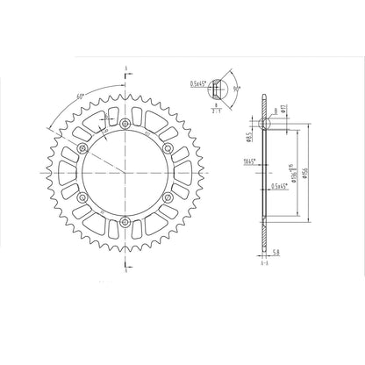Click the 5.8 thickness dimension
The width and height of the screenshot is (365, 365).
click(x=276, y=253)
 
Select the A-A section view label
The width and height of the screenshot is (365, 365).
click(x=263, y=261)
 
